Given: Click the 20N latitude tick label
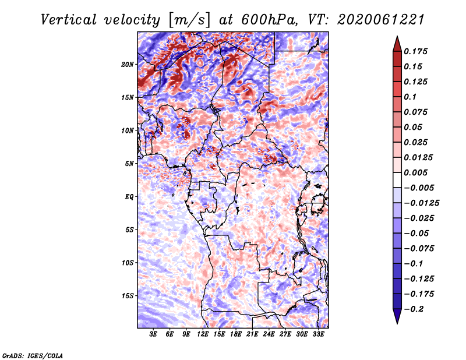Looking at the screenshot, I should point(128,64).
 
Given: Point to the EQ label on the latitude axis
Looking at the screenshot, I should point(129,196).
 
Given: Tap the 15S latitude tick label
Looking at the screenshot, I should point(128,296).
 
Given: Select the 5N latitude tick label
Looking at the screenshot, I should point(129,164).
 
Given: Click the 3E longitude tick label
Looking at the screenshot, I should point(154,335).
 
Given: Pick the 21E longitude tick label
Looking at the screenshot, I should point(252,335).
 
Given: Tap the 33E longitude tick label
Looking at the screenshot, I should point(318,335).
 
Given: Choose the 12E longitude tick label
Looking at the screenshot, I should point(203,335).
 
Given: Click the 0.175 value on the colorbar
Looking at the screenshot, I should point(416,51).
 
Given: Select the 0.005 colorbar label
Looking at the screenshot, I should point(416,172).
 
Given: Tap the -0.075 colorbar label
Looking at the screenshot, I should point(419,249).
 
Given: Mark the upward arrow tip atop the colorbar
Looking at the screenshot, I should point(397,38).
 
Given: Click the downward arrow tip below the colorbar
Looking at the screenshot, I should point(397,322).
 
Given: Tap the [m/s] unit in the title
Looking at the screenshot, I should point(190,19).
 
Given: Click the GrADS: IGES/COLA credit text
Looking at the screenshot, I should point(32,355).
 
